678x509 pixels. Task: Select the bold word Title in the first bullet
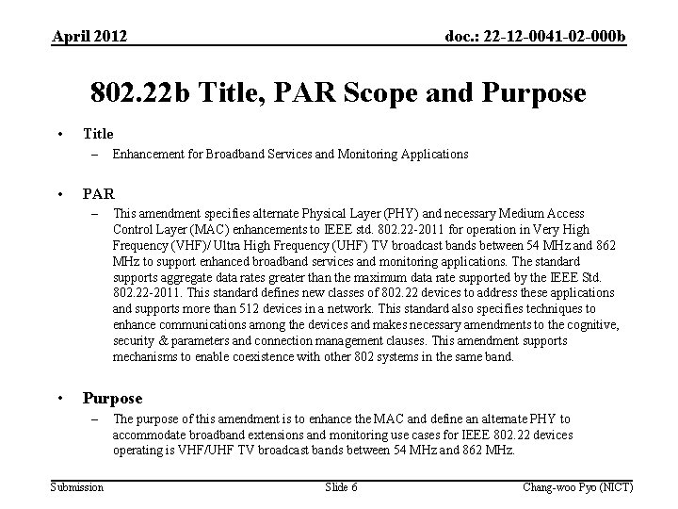tap(98, 134)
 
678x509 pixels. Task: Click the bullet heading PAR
tap(99, 194)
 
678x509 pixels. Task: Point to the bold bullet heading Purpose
tap(113, 398)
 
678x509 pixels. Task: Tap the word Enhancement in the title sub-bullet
tap(147, 154)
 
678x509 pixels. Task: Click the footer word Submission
tap(78, 486)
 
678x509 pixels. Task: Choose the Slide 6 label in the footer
tap(341, 486)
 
